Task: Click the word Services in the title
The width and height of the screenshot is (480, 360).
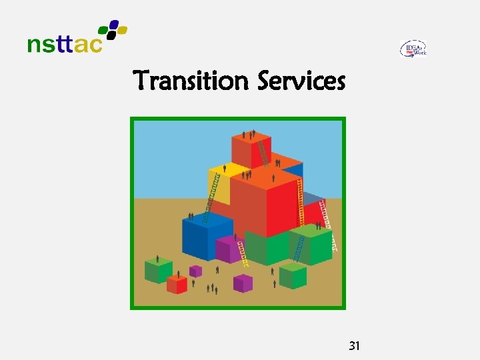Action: point(301,81)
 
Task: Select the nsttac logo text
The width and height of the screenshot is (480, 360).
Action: point(65,45)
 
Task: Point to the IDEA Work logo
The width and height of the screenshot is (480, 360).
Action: point(413,49)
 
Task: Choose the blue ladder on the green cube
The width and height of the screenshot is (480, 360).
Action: point(300,247)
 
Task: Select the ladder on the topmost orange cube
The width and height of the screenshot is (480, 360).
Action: point(263,153)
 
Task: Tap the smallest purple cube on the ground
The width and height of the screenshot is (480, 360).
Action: point(195,271)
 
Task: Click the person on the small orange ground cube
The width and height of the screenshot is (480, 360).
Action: point(179,274)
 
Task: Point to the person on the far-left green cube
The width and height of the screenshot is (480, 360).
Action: point(157,259)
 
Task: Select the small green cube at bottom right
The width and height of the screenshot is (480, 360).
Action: point(293,275)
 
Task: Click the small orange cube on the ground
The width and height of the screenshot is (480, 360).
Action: point(177,285)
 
